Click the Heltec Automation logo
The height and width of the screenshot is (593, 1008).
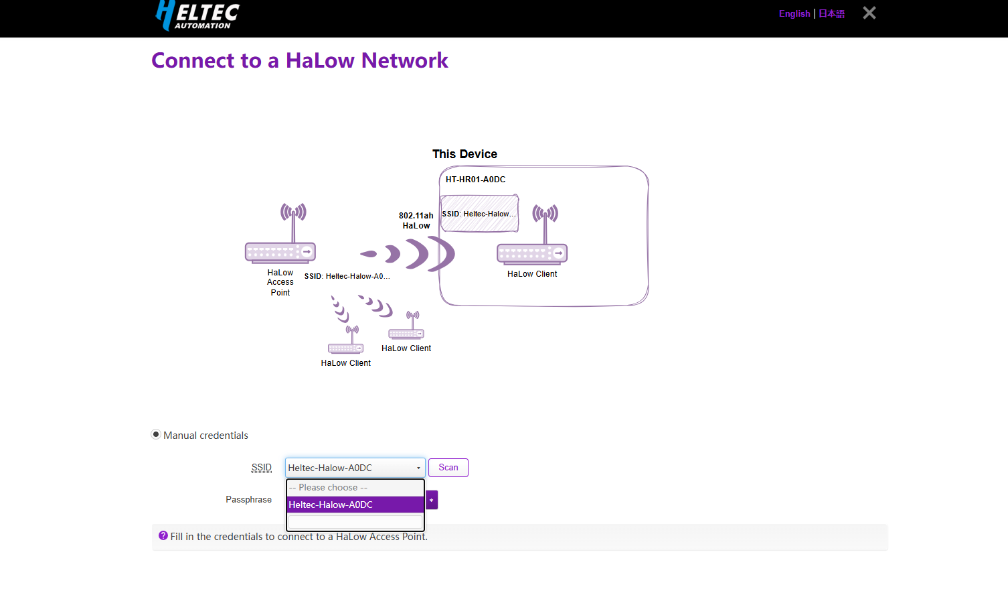(x=197, y=15)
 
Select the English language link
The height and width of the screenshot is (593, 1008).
(x=794, y=13)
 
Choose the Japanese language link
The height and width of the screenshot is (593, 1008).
(x=832, y=13)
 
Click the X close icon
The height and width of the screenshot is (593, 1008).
(x=869, y=13)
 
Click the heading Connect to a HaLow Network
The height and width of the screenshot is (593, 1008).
(x=299, y=60)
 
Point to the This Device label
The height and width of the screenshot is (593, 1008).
(x=465, y=154)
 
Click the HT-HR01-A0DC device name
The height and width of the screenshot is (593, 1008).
(x=475, y=180)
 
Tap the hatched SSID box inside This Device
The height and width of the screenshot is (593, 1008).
(x=479, y=214)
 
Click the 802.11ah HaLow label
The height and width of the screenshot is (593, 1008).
(x=416, y=220)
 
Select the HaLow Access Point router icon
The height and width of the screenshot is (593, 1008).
(x=281, y=235)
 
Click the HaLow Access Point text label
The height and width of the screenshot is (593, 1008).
(x=280, y=282)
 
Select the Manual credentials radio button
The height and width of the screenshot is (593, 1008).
(x=156, y=434)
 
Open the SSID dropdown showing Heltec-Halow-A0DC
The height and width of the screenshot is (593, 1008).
(x=355, y=468)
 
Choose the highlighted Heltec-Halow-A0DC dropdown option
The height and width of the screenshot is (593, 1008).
(x=355, y=505)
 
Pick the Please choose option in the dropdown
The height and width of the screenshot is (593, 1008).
(x=355, y=488)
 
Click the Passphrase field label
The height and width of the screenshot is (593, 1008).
(x=248, y=500)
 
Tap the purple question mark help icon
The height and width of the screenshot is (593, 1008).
(x=163, y=535)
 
